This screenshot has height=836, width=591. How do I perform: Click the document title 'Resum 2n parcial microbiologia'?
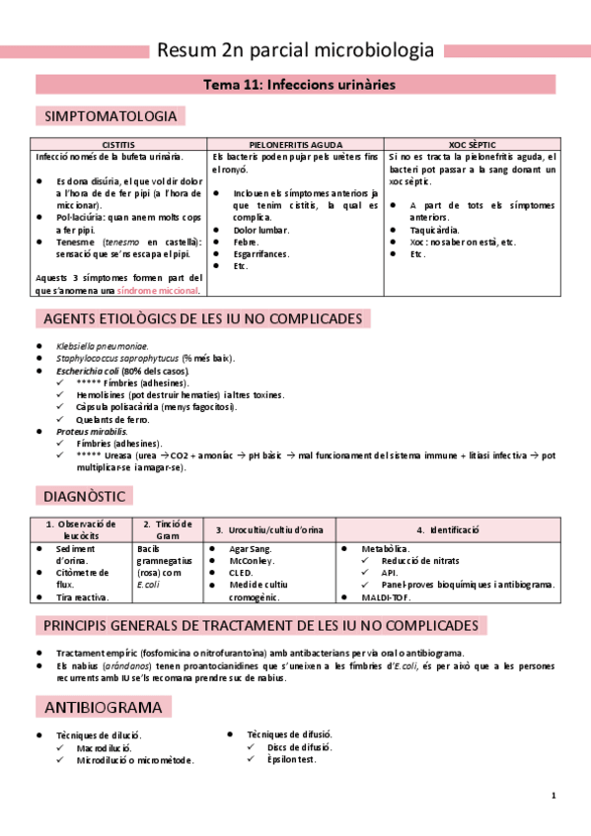pyautogui.click(x=295, y=50)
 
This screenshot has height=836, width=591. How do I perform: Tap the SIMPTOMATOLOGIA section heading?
pyautogui.click(x=111, y=116)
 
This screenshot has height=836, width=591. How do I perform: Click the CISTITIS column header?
pyautogui.click(x=119, y=144)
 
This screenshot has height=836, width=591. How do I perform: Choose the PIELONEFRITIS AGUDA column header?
pyautogui.click(x=295, y=144)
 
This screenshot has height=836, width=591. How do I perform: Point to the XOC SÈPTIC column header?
pyautogui.click(x=472, y=144)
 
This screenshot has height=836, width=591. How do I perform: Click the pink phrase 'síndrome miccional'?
pyautogui.click(x=158, y=291)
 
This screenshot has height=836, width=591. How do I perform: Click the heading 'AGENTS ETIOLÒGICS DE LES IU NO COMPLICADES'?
pyautogui.click(x=202, y=318)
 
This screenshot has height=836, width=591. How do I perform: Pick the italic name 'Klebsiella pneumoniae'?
pyautogui.click(x=103, y=346)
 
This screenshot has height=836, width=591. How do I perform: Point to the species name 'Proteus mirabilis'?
pyautogui.click(x=92, y=432)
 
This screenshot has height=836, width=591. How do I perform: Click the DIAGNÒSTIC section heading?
pyautogui.click(x=84, y=495)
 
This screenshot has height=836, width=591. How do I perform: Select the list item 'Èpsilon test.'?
pyautogui.click(x=291, y=760)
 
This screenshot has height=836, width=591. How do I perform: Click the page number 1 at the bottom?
pyautogui.click(x=554, y=796)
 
